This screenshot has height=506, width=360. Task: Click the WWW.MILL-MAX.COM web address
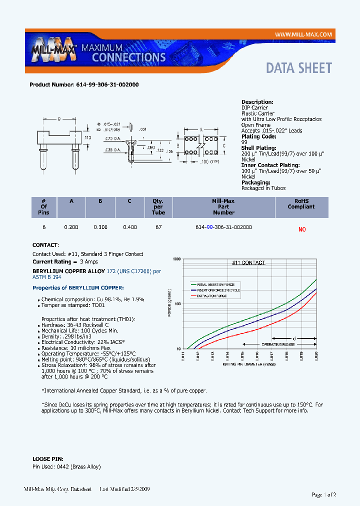303,34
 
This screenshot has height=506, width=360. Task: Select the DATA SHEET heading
298,68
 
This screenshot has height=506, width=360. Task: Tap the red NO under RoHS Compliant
301,229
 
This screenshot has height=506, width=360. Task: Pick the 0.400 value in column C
130,227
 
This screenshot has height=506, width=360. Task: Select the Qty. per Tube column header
158,206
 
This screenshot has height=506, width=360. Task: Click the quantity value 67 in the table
158,227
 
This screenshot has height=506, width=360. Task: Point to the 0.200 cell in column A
71,227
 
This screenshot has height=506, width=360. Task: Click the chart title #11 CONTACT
248,262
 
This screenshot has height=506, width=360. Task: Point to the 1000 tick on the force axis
176,259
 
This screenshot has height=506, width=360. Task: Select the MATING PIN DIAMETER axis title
248,364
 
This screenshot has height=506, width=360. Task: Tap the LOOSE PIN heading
46,458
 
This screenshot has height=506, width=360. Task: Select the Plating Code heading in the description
258,136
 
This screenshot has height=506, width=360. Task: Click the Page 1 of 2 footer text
323,494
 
